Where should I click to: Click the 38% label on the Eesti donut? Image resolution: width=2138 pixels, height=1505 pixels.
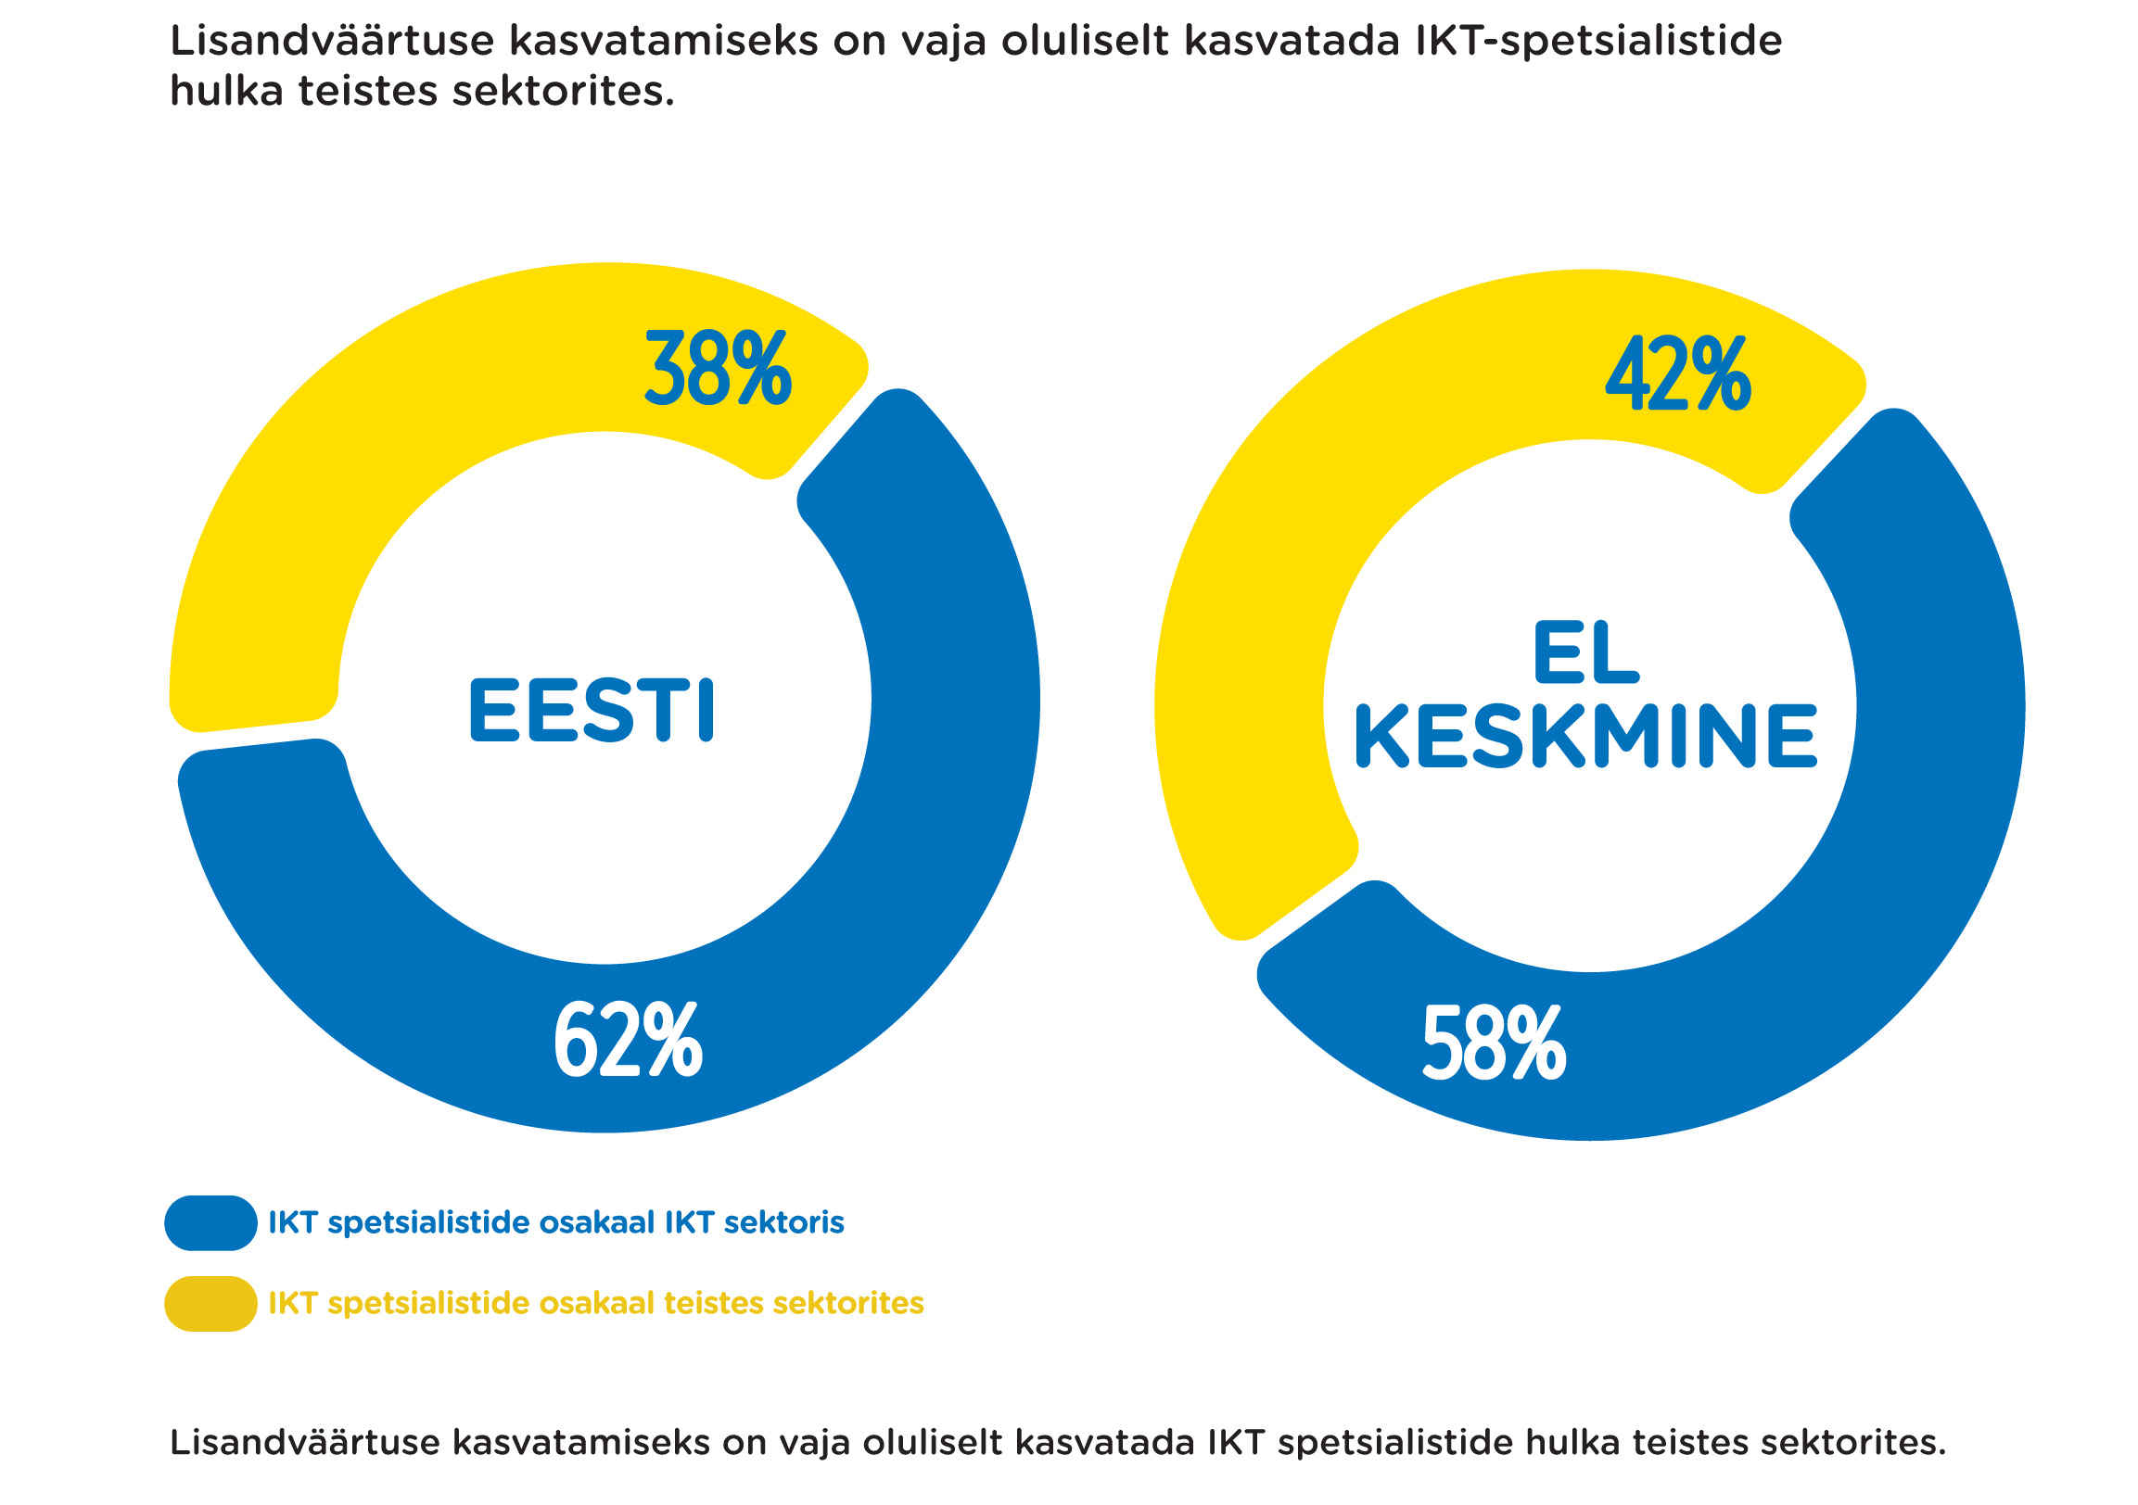(x=717, y=370)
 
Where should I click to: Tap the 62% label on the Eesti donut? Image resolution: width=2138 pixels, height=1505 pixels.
(x=628, y=1041)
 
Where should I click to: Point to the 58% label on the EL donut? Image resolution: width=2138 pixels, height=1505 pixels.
(x=1494, y=1043)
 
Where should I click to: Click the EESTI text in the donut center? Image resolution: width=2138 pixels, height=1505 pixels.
(x=592, y=710)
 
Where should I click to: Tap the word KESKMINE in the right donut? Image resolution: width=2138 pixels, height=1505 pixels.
(x=1584, y=736)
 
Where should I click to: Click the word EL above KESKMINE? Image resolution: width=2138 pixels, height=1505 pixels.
(x=1584, y=653)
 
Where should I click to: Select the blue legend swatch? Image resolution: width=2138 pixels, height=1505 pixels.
(x=210, y=1223)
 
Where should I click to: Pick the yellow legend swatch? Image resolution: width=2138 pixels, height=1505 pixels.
(x=210, y=1304)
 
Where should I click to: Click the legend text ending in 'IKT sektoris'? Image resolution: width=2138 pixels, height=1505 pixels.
(x=556, y=1223)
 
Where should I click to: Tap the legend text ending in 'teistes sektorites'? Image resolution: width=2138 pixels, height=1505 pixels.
(x=596, y=1303)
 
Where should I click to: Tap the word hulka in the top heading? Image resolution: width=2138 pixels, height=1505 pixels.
(x=226, y=91)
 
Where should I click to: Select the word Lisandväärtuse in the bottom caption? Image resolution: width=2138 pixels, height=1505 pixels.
(x=304, y=1443)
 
